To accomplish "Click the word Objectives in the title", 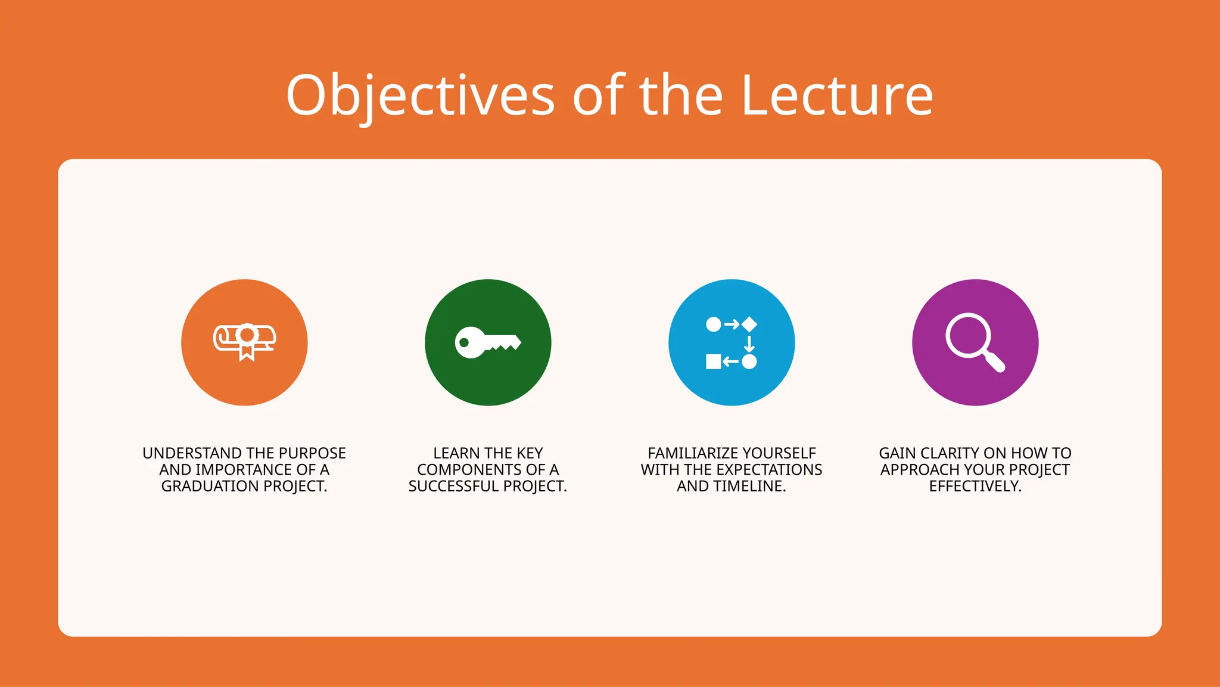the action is click(421, 95).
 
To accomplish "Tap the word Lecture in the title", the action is click(837, 95).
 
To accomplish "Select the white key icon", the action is click(488, 342).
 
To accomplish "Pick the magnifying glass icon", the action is click(975, 342).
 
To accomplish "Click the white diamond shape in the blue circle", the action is click(749, 324).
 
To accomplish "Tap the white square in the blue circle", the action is click(713, 361).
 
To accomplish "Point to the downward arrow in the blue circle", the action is click(749, 343).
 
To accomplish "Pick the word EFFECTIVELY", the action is click(975, 486).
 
